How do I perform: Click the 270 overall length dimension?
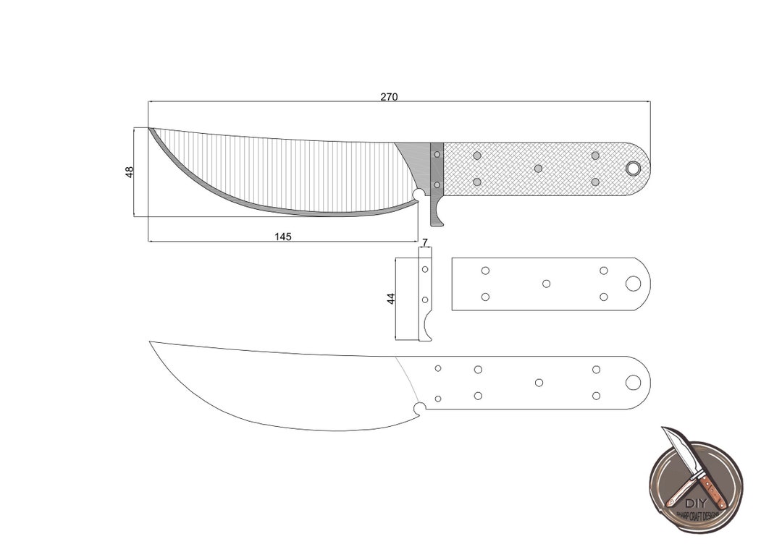click(x=389, y=97)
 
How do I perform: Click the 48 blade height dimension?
click(x=130, y=172)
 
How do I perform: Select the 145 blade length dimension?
click(x=283, y=237)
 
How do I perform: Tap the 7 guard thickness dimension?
click(x=424, y=242)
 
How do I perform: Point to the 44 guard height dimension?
click(x=391, y=298)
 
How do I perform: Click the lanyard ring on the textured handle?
click(x=633, y=169)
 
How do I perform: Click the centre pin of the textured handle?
click(x=538, y=169)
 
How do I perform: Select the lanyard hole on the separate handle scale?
click(x=633, y=284)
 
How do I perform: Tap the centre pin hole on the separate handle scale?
click(x=547, y=284)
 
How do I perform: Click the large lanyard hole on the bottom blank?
click(x=633, y=383)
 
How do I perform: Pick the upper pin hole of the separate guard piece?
click(x=425, y=269)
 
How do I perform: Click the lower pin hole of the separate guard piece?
click(x=425, y=300)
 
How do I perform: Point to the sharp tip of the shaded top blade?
click(x=150, y=129)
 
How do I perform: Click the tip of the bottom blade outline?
click(x=150, y=341)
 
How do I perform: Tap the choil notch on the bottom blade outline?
click(x=419, y=409)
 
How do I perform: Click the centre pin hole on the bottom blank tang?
click(x=539, y=383)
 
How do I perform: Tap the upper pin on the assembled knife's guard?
click(x=437, y=154)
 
